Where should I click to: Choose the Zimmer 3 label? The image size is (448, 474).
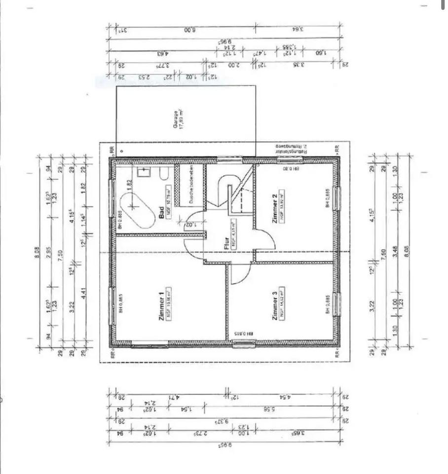tap(275, 304)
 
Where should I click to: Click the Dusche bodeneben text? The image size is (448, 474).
tap(187, 185)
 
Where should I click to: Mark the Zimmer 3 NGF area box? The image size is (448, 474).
tap(282, 304)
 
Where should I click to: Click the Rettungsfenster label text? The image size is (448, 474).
tap(291, 147)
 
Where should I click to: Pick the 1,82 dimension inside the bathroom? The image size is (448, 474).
tap(129, 183)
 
